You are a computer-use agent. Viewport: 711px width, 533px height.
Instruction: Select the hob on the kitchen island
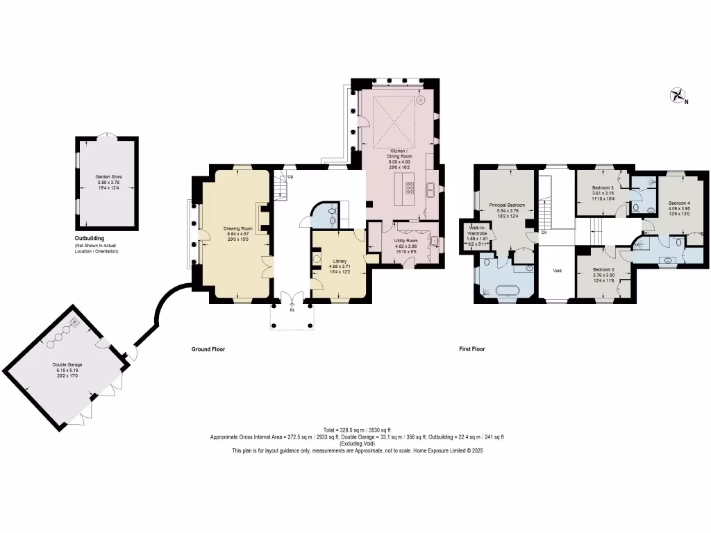point(410,187)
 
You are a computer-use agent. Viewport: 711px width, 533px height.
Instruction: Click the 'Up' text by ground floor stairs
point(290,177)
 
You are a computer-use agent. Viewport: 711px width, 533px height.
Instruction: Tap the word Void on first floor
point(557,271)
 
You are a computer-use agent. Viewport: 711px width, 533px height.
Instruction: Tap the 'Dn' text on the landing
point(544,232)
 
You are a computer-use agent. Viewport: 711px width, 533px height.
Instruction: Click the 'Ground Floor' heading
point(208,349)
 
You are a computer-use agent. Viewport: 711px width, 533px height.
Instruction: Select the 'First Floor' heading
point(472,349)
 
